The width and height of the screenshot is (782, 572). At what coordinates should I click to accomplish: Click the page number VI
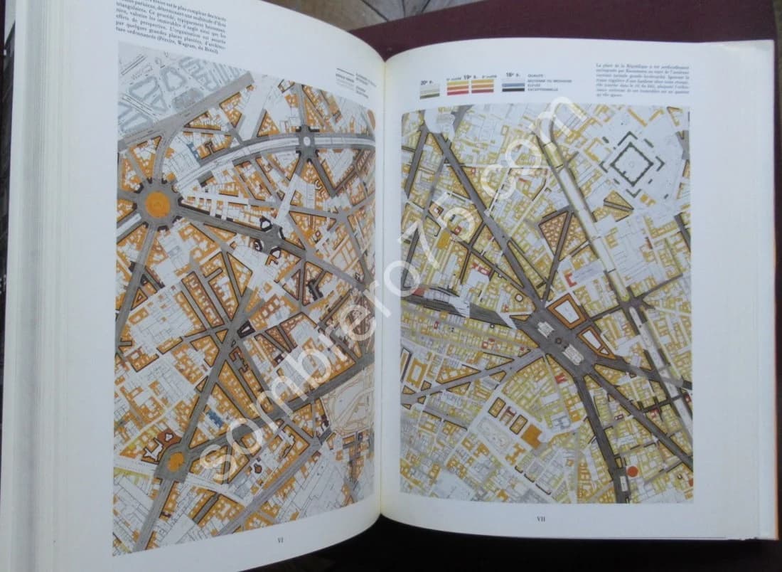point(280,540)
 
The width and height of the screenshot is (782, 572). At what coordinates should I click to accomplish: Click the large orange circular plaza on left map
point(157,205)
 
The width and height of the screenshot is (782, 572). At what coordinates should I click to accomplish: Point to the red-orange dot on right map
point(633,471)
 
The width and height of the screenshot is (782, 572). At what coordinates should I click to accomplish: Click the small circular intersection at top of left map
point(308,139)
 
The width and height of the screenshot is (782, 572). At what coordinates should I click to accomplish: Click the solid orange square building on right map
point(532,435)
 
